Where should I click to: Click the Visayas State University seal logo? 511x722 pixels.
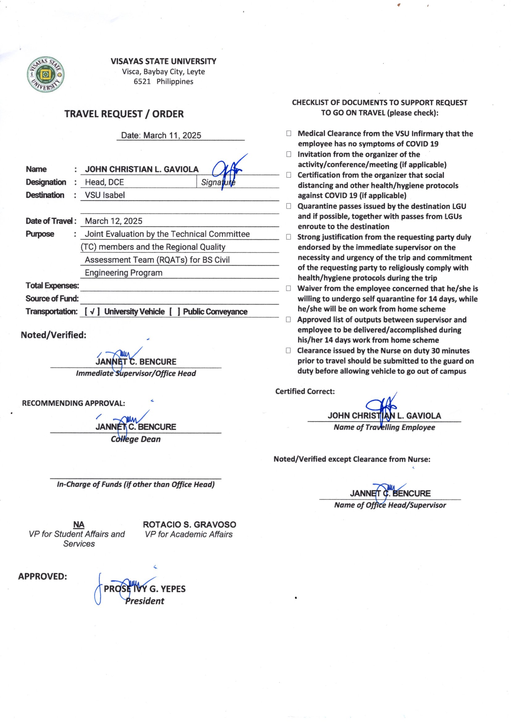(x=46, y=75)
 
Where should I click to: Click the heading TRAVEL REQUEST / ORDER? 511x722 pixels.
(x=124, y=114)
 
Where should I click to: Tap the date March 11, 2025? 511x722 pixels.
(x=172, y=136)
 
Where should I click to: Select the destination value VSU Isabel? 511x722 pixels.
(x=105, y=195)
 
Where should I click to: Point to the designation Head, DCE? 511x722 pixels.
(x=104, y=182)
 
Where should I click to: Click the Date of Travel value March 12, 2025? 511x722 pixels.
(x=114, y=221)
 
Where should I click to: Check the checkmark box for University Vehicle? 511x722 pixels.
(x=92, y=312)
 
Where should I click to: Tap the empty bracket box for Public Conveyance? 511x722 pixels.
(x=175, y=312)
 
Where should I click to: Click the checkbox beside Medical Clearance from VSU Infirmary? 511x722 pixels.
(x=289, y=133)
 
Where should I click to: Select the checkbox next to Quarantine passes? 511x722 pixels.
(x=289, y=206)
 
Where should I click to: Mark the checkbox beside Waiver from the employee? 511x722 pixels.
(x=289, y=288)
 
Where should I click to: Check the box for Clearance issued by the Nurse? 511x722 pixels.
(x=288, y=351)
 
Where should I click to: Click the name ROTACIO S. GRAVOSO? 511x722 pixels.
(x=189, y=525)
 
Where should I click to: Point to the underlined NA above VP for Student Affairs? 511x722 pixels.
(x=79, y=525)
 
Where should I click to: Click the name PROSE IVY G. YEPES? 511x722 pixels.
(x=145, y=589)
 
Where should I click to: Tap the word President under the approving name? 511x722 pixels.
(x=145, y=601)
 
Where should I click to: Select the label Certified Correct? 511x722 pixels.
(x=305, y=392)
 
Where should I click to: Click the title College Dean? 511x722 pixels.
(x=136, y=439)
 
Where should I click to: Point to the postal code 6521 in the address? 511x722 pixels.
(x=142, y=82)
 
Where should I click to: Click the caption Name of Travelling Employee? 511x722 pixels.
(x=384, y=427)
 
